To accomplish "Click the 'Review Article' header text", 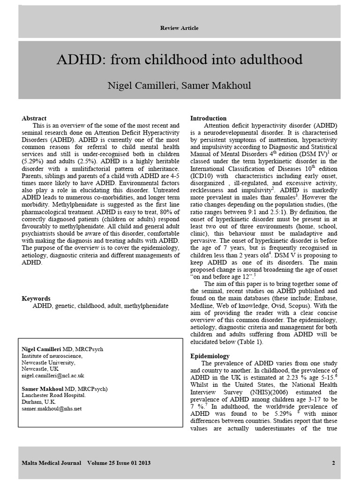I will (x=180, y=28).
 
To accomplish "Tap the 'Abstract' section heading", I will (x=34, y=118).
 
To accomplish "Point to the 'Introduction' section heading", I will (x=208, y=118).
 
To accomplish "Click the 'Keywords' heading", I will (x=36, y=299).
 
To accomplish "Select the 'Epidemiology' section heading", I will (x=210, y=356).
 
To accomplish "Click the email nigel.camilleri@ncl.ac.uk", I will (x=53, y=375).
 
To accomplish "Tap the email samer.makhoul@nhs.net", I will (x=52, y=408).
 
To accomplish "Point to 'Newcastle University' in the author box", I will (x=48, y=362).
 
